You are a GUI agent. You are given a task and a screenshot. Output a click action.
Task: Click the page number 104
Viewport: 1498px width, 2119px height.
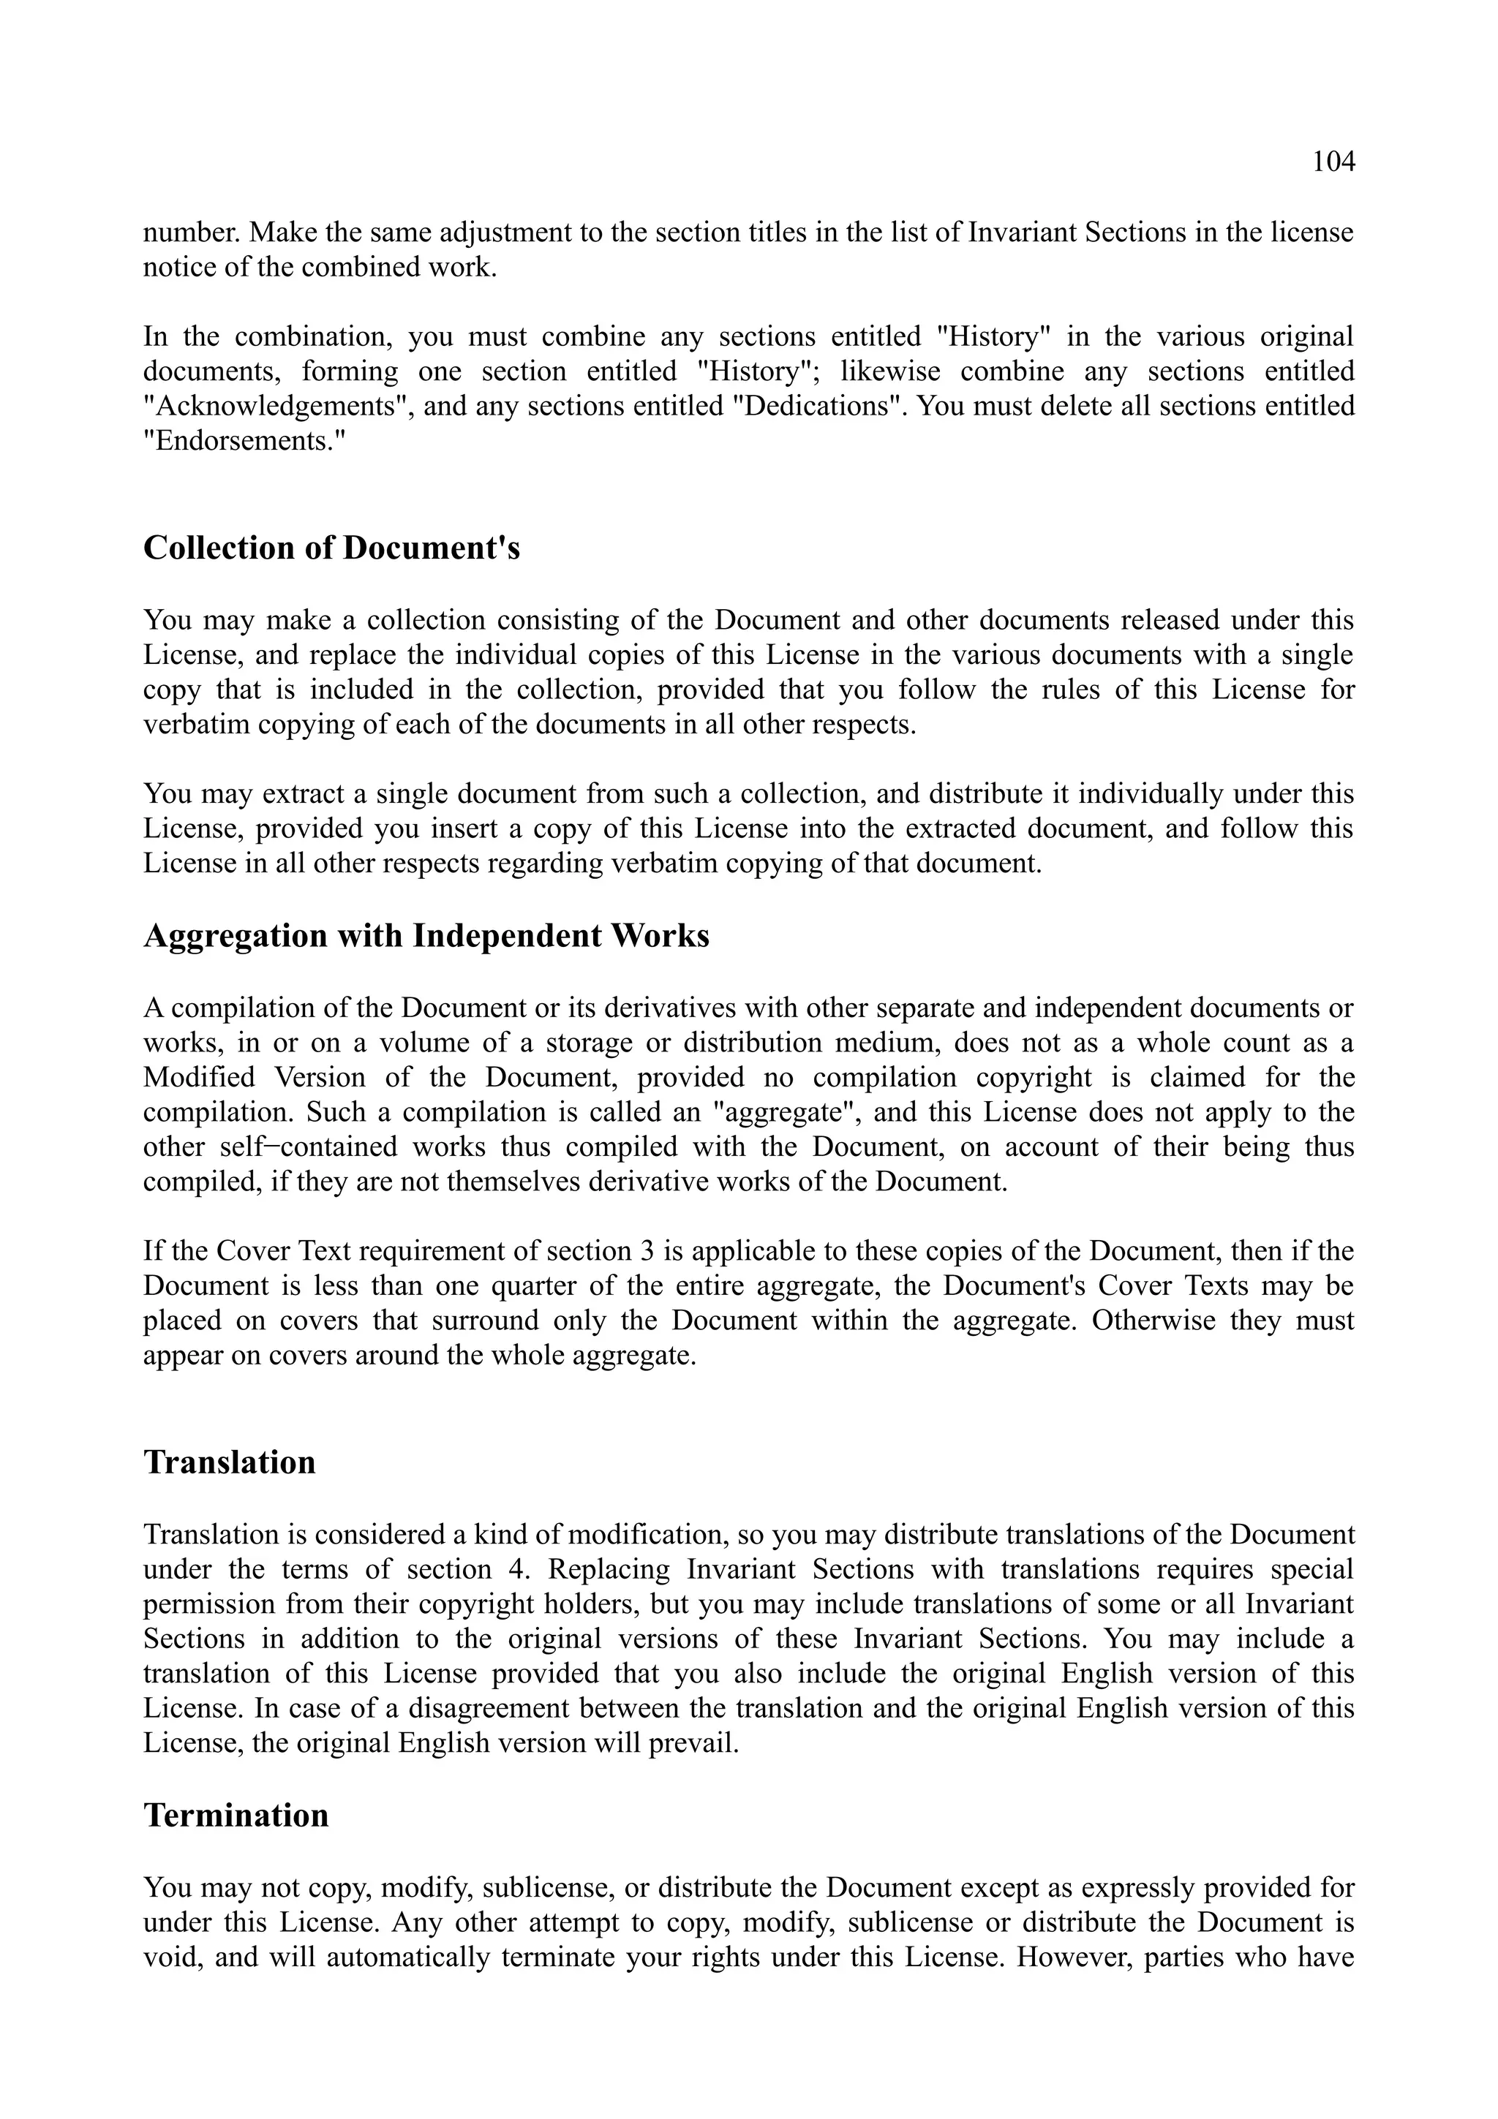pyautogui.click(x=1333, y=162)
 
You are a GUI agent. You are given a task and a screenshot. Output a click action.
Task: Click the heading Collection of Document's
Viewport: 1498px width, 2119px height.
pyautogui.click(x=331, y=548)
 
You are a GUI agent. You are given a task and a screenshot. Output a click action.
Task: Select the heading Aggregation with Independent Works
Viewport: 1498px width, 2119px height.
pyautogui.click(x=426, y=936)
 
